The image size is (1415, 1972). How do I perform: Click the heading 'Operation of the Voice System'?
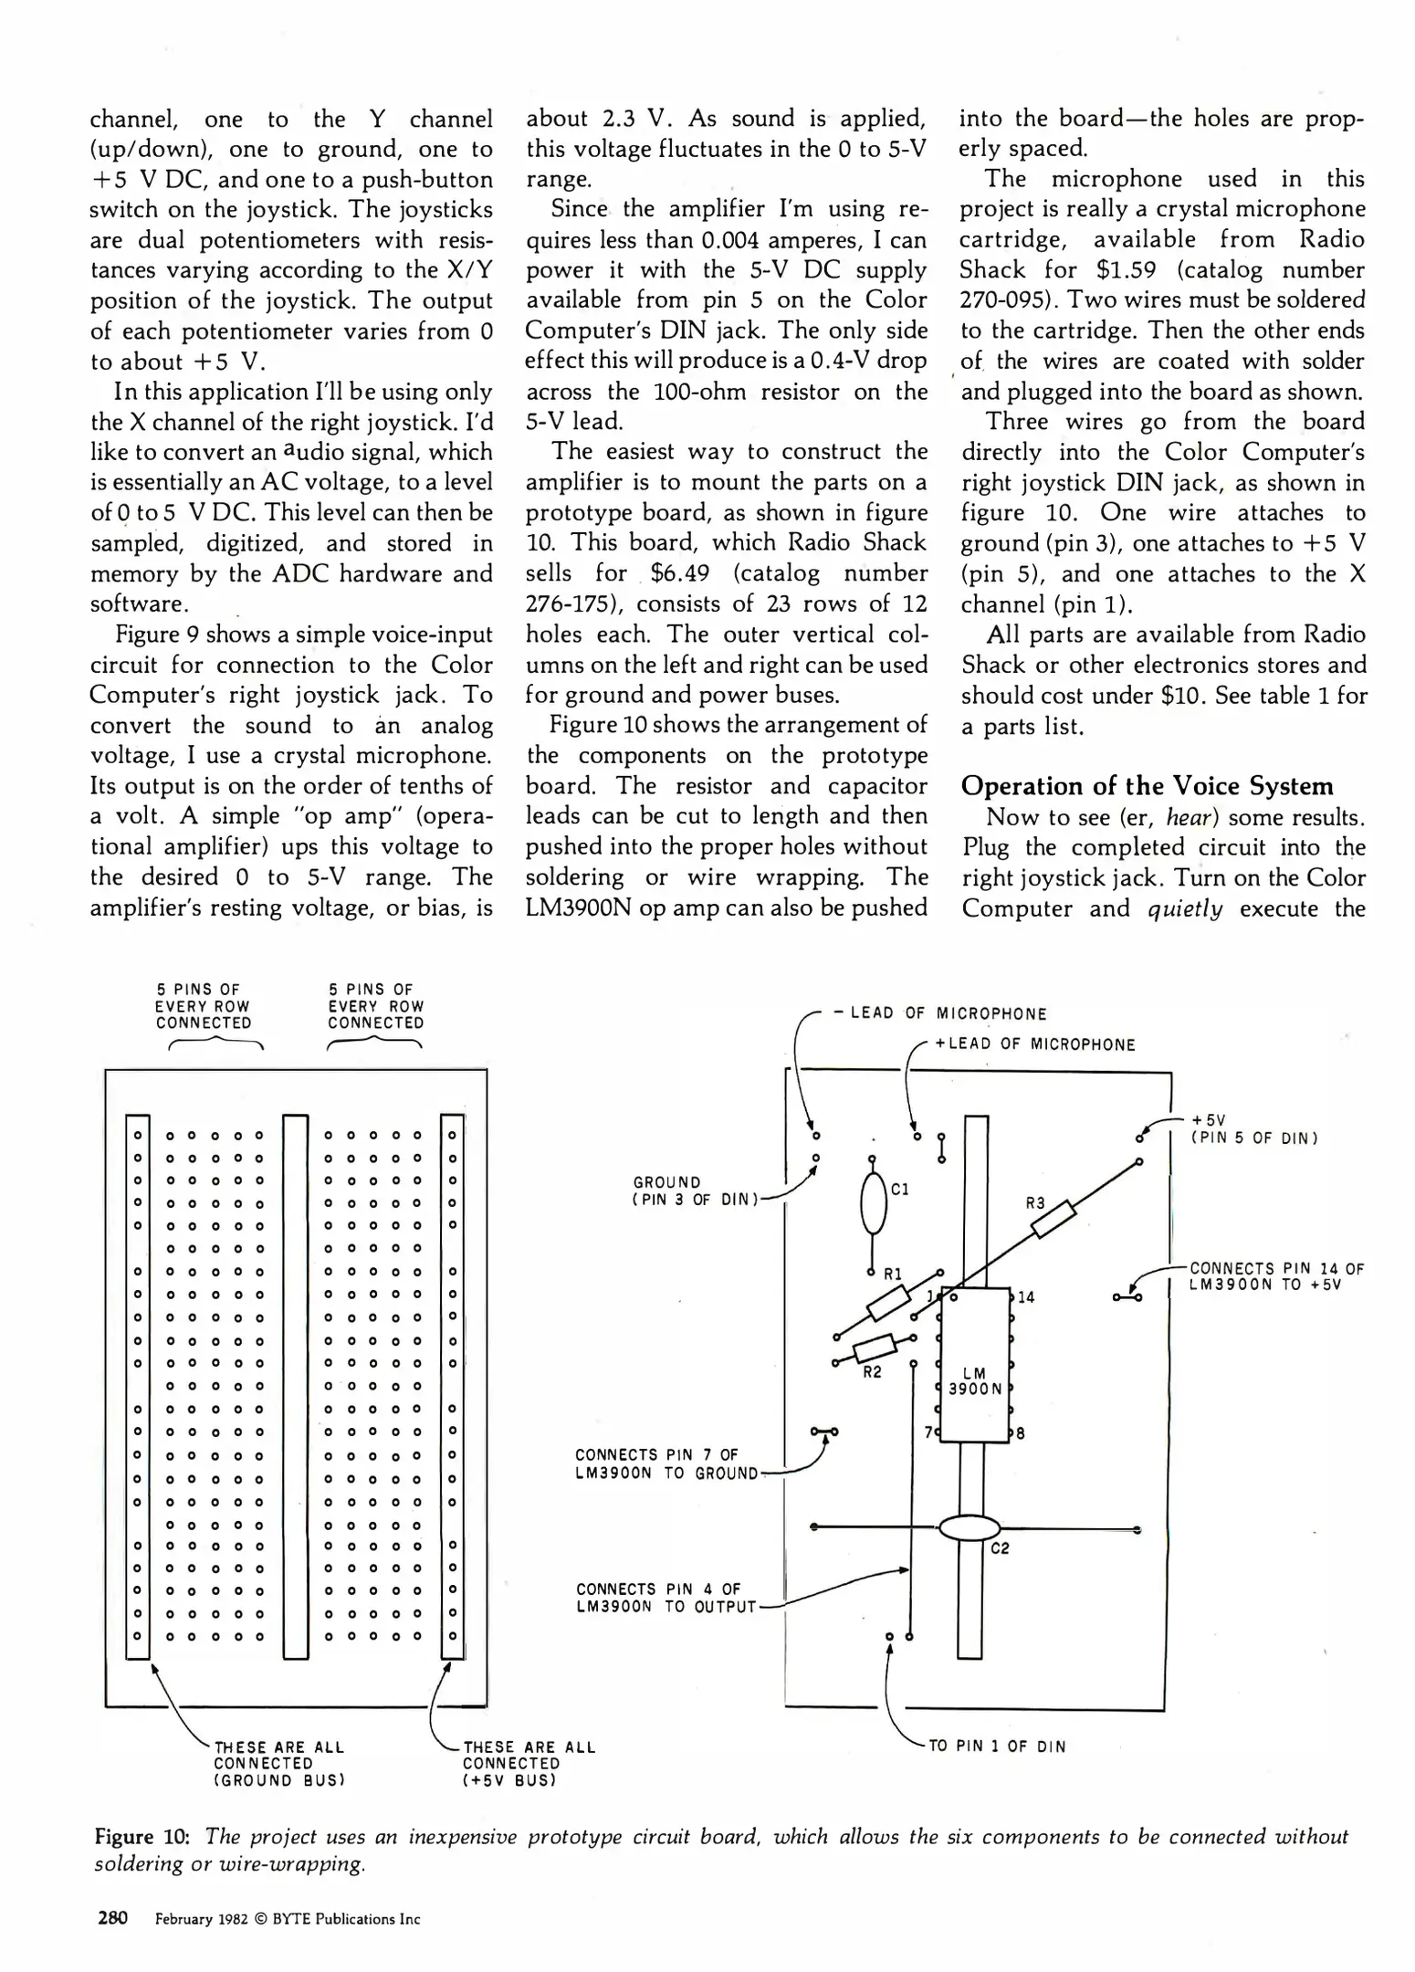1146,786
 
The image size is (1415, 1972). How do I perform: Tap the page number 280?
111,1917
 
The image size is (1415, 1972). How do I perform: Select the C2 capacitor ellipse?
970,1527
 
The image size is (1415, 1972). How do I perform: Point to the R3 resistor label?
1034,1203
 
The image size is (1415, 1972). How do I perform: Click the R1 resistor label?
892,1273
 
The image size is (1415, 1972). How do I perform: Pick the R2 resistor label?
872,1372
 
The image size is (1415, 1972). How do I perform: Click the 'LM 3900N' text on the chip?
975,1380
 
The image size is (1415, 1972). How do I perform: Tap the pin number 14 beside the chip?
1026,1297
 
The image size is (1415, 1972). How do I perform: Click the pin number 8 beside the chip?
1020,1433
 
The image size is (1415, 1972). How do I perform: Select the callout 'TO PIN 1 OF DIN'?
997,1746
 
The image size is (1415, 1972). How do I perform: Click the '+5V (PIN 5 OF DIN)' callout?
1253,1129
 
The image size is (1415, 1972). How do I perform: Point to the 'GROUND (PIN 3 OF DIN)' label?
695,1191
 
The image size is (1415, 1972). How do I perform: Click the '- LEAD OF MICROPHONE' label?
941,1013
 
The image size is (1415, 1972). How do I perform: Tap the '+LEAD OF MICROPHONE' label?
1035,1044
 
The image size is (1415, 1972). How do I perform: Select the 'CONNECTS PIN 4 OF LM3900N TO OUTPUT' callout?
666,1598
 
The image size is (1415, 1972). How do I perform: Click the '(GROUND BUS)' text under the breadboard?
279,1780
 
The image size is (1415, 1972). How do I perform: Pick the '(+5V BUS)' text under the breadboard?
509,1780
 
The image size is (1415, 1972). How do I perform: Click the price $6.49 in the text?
680,573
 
